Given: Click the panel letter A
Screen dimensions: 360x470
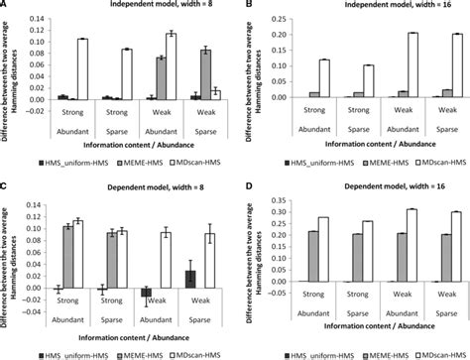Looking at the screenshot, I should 5,5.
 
